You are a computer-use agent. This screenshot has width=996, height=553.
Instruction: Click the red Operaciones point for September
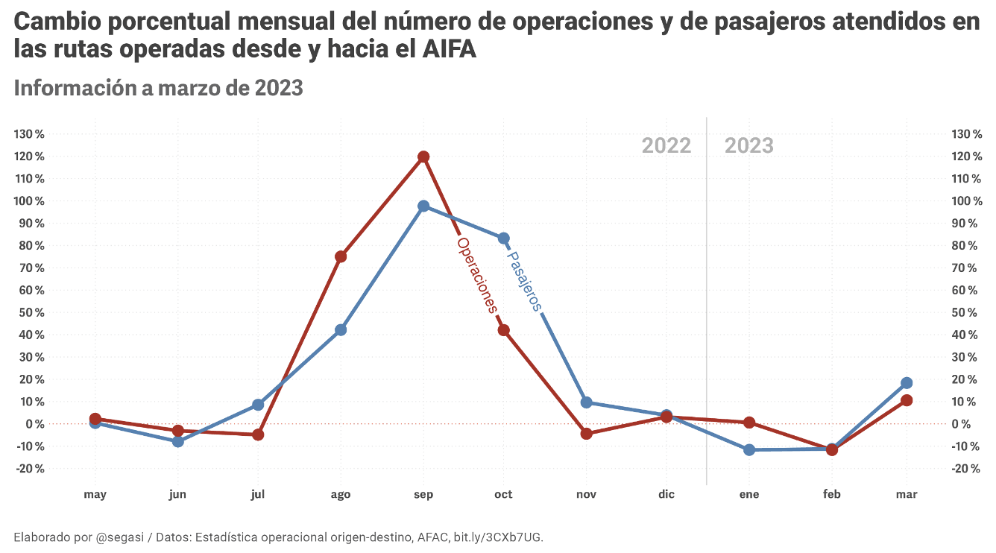[423, 157]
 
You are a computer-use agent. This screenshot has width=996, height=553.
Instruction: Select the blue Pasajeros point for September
[423, 206]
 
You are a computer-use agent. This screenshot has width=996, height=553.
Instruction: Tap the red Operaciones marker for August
[341, 256]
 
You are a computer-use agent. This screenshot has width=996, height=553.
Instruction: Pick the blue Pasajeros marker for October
[504, 238]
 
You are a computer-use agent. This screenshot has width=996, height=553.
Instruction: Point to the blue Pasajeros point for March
[907, 383]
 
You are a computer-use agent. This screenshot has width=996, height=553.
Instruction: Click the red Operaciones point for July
[258, 434]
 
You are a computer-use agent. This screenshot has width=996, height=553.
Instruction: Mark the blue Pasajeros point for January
[749, 450]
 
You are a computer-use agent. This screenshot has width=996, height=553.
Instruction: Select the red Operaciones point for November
[586, 434]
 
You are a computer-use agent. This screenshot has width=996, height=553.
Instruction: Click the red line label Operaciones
[476, 274]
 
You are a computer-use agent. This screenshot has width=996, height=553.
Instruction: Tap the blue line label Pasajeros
[523, 281]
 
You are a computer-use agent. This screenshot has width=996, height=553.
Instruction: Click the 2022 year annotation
[666, 145]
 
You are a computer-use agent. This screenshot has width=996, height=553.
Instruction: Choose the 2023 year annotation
[749, 145]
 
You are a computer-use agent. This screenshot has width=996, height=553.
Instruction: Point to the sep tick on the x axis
[423, 494]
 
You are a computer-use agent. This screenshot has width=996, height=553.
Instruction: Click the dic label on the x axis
[666, 494]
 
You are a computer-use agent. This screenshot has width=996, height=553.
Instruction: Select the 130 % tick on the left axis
[30, 133]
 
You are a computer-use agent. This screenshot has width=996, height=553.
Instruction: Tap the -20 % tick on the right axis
[966, 469]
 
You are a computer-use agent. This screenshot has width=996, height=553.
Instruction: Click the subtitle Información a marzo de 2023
[158, 88]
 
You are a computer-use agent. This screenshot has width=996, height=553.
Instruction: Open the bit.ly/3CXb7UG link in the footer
[498, 537]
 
